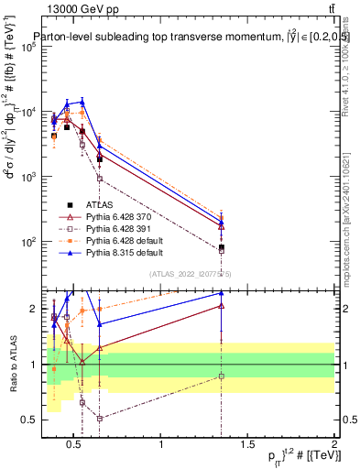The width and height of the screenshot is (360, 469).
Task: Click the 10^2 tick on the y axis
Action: [x=28, y=242]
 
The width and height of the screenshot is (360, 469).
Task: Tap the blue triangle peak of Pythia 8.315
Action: [x=82, y=102]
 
